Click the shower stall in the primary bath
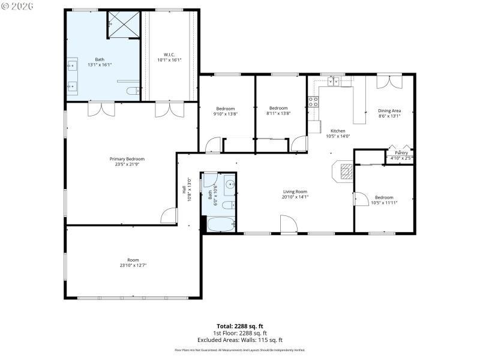click(x=124, y=24)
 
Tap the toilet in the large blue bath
click(x=133, y=92)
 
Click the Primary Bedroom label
click(x=127, y=159)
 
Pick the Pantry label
click(x=401, y=153)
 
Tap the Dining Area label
click(x=389, y=110)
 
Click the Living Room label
click(x=295, y=192)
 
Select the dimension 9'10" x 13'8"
click(x=226, y=113)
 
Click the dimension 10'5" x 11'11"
click(x=384, y=203)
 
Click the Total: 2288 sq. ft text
click(x=240, y=326)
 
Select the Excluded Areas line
click(x=240, y=340)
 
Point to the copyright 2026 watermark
click(x=17, y=6)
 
